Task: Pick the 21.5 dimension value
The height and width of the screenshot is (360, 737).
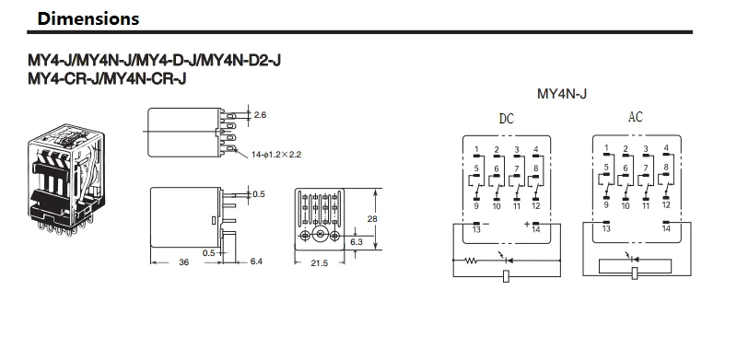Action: tap(318, 263)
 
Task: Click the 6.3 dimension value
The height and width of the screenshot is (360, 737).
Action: tap(357, 242)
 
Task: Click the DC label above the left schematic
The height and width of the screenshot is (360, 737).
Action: tap(507, 119)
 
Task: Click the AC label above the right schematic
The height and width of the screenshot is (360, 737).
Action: tap(636, 118)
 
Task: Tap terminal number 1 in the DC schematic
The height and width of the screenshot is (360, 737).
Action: tap(475, 150)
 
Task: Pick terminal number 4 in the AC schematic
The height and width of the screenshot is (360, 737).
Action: tap(666, 149)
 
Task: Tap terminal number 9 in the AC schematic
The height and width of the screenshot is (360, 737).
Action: tap(605, 206)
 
